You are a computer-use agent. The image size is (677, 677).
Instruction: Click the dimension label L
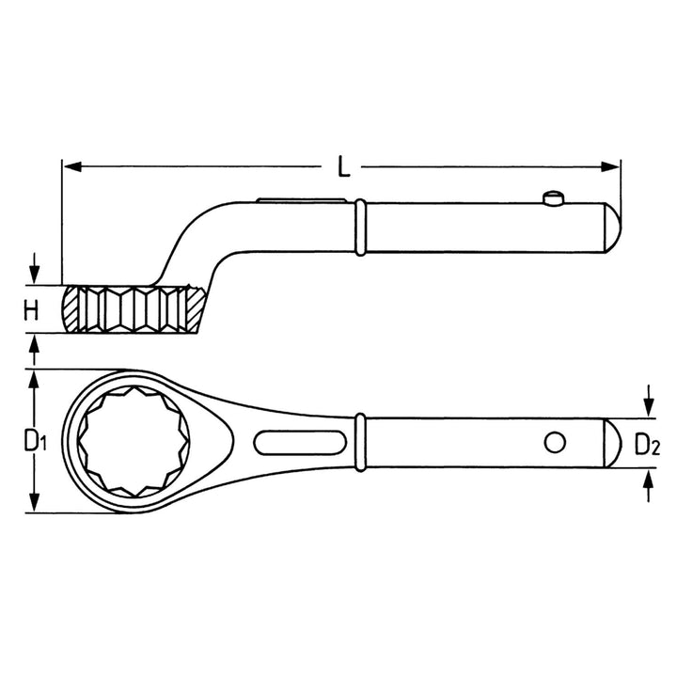click(x=344, y=166)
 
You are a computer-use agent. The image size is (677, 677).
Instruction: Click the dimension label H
click(x=32, y=311)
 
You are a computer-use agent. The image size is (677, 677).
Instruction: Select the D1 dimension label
click(x=34, y=440)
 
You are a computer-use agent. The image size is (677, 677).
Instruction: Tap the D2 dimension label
click(x=646, y=445)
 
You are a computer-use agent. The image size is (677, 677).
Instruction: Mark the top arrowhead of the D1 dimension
click(x=34, y=377)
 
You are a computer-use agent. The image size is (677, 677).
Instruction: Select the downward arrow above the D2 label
click(x=647, y=407)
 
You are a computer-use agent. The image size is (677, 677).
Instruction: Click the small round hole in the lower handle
click(x=555, y=441)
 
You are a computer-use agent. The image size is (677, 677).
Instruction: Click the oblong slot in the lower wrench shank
click(x=298, y=441)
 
